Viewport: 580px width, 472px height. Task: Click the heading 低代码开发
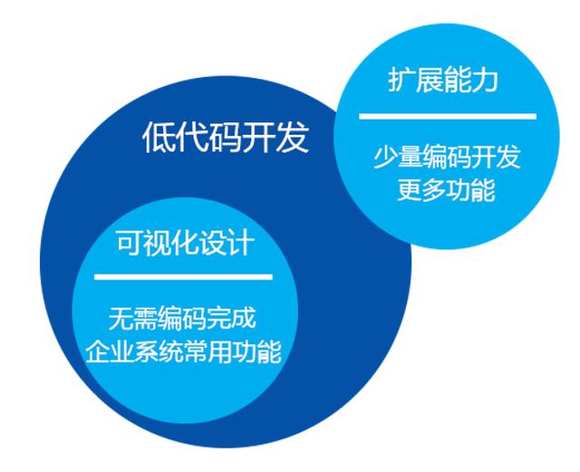[226, 137]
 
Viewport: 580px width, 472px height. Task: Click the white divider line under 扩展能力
[448, 117]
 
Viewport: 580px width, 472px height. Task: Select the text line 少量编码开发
[447, 158]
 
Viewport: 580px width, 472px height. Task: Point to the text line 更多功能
[447, 189]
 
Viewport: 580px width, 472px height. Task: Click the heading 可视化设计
[186, 243]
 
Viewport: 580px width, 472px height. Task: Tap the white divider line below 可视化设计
[183, 276]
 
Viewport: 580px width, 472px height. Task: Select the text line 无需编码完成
[182, 318]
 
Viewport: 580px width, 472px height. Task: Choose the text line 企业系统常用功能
[183, 351]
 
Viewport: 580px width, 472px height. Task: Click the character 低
[159, 138]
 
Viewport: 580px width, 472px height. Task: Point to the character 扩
[401, 80]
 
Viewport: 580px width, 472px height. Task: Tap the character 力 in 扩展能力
[485, 80]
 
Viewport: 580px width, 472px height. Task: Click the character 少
[385, 158]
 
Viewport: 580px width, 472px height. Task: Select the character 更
[410, 190]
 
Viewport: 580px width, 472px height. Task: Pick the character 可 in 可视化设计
[130, 243]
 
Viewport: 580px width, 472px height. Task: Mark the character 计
[241, 243]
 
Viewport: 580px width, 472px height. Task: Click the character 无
[121, 319]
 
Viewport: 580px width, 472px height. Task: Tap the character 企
[98, 352]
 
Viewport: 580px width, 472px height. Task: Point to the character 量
[410, 158]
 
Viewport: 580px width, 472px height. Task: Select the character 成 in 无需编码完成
[244, 319]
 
